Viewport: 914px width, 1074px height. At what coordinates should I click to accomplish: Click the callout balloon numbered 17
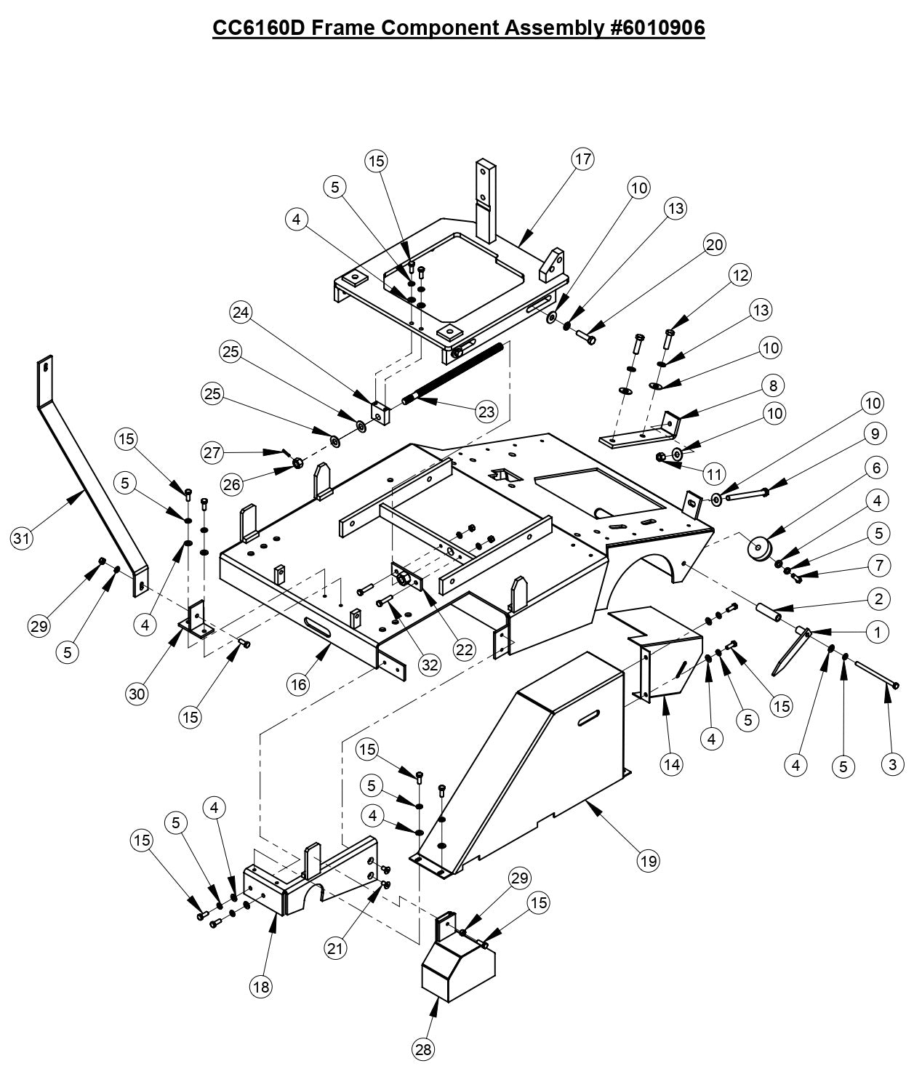coord(583,159)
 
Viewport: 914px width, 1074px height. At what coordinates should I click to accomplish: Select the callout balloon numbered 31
coord(21,539)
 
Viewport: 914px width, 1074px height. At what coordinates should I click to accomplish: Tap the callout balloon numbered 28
coord(423,1049)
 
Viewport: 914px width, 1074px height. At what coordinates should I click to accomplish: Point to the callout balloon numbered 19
coord(648,861)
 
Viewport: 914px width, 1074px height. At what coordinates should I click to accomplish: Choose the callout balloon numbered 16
coord(299,684)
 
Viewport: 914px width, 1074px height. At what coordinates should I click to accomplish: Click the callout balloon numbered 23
coord(486,412)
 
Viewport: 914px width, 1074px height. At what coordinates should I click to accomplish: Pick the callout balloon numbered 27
coord(212,453)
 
